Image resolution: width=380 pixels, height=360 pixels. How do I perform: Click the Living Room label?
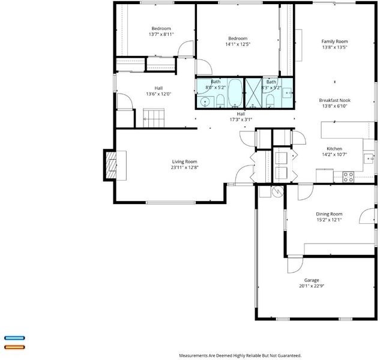(x=184, y=161)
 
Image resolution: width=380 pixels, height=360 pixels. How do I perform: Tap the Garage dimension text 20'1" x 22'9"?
(x=312, y=286)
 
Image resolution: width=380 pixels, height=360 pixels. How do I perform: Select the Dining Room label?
(x=329, y=214)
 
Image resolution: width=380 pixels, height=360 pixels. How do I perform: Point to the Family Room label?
(x=334, y=41)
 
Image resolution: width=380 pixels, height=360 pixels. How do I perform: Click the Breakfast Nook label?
(x=335, y=100)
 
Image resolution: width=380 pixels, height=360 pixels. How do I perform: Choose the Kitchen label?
(x=334, y=149)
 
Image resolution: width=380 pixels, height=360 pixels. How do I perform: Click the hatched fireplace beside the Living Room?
(x=111, y=165)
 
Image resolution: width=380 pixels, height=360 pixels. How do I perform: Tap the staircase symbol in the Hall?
(x=154, y=118)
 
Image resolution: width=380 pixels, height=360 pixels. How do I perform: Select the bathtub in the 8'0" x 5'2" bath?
(x=235, y=93)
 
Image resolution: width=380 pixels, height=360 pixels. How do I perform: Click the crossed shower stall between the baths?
(x=254, y=93)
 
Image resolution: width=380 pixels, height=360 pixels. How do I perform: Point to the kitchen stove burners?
(x=348, y=176)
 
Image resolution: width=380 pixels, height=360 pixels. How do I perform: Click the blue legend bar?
(x=14, y=338)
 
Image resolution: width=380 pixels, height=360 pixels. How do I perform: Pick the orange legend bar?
(x=14, y=347)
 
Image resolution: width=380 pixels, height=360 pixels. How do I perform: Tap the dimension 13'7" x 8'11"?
(x=161, y=34)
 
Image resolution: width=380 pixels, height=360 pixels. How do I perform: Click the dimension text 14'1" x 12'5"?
(x=238, y=44)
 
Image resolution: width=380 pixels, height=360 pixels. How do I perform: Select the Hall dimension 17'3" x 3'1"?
(x=241, y=119)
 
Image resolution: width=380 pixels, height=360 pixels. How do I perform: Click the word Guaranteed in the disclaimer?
(x=289, y=356)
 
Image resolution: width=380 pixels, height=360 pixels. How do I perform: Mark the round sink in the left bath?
(x=205, y=101)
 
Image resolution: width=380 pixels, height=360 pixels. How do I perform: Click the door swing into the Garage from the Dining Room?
(x=295, y=265)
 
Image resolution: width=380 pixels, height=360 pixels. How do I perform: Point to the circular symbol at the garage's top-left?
(x=278, y=191)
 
